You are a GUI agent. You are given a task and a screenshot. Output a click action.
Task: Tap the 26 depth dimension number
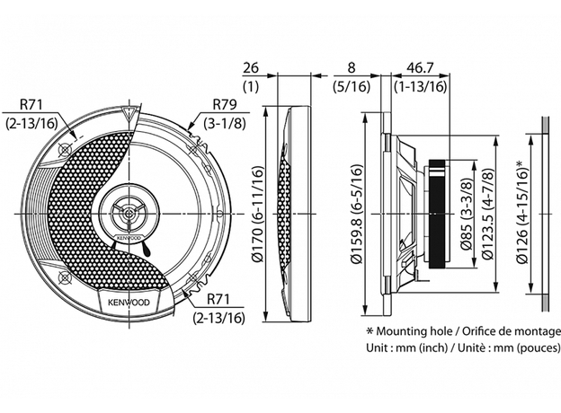point(252,68)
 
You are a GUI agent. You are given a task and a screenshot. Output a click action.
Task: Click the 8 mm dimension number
point(351,68)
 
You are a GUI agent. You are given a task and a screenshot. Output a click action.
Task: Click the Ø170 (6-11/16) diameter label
point(257,214)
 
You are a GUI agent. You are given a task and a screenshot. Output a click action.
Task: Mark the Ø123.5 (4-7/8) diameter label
point(489,214)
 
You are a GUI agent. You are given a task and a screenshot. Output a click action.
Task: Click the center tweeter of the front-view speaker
point(127,215)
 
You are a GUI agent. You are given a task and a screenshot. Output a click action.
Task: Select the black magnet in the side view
point(438,214)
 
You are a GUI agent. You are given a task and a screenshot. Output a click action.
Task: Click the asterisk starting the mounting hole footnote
point(369,329)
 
